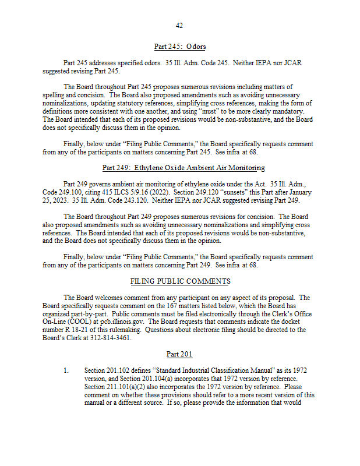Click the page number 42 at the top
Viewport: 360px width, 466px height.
coord(179,25)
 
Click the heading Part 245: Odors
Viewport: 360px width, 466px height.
coord(179,47)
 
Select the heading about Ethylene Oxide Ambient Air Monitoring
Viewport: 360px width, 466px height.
coord(183,168)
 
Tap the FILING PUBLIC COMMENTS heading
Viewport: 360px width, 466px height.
coord(180,281)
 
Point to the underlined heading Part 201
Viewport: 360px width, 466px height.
coord(179,354)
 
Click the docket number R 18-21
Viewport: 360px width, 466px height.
coord(75,330)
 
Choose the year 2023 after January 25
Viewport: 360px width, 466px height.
coord(58,200)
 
